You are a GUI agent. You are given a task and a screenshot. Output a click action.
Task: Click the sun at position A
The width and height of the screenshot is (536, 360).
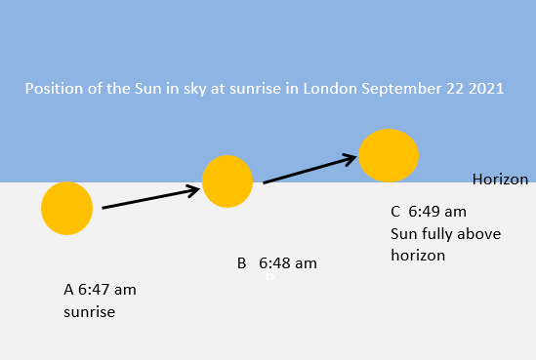pyautogui.click(x=66, y=208)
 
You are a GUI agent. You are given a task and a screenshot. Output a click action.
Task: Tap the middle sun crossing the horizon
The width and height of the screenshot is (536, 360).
pyautogui.click(x=227, y=180)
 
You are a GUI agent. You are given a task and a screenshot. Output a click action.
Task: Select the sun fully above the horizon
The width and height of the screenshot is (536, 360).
pyautogui.click(x=389, y=155)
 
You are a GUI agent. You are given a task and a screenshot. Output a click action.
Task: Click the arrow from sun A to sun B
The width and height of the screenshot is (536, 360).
pyautogui.click(x=151, y=198)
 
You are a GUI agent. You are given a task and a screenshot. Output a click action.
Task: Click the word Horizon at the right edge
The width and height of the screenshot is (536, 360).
pyautogui.click(x=500, y=180)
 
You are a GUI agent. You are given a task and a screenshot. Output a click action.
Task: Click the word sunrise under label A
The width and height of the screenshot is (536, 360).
pyautogui.click(x=90, y=312)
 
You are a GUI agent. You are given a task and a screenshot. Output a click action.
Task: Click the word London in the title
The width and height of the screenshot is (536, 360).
pyautogui.click(x=327, y=89)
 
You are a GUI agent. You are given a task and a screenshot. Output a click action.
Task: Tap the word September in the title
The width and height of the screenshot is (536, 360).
pyautogui.click(x=397, y=89)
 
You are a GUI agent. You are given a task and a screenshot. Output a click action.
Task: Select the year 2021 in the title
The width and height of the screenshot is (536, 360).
pyautogui.click(x=484, y=89)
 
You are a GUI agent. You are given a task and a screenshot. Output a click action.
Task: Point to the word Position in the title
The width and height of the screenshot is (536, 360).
pyautogui.click(x=53, y=89)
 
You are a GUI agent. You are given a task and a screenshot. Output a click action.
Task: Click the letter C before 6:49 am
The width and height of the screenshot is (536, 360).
pyautogui.click(x=395, y=212)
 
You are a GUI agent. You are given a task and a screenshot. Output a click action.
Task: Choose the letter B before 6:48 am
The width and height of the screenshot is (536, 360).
pyautogui.click(x=242, y=263)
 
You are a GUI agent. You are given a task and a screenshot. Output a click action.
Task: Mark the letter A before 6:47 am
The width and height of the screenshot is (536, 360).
pyautogui.click(x=68, y=290)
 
